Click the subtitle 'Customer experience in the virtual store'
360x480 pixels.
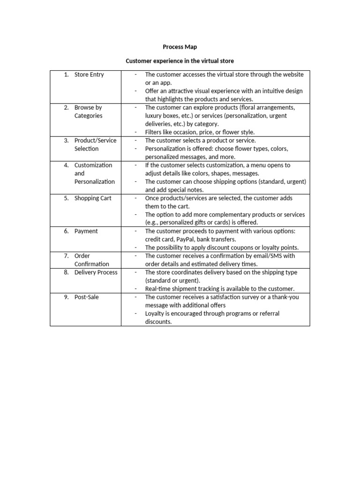click(180, 61)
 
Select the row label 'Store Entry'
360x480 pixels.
click(89, 75)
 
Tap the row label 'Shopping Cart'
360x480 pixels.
click(93, 198)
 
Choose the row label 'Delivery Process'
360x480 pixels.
click(96, 272)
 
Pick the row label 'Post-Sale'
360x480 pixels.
click(87, 297)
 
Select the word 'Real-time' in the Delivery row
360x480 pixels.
click(158, 289)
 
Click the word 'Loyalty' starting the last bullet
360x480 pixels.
click(155, 314)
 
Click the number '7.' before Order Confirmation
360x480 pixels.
click(67, 256)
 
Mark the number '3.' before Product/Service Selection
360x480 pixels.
click(67, 140)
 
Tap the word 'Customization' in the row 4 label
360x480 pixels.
click(93, 165)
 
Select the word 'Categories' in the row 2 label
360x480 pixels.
click(88, 116)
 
